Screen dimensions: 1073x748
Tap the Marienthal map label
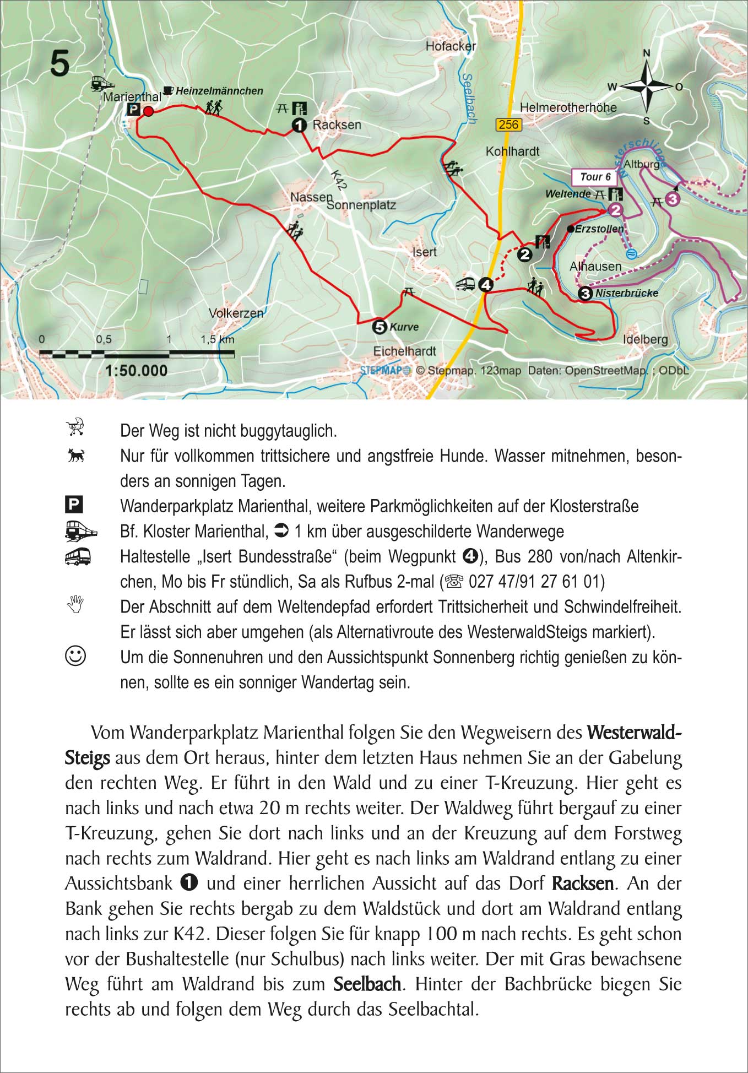(x=132, y=97)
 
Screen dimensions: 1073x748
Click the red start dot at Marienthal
(x=148, y=112)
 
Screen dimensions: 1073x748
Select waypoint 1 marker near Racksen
(x=299, y=126)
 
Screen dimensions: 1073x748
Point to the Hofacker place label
(x=450, y=46)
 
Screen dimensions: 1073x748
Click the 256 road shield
(x=508, y=124)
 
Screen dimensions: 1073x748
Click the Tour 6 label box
(x=595, y=177)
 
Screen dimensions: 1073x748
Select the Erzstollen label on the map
(x=599, y=229)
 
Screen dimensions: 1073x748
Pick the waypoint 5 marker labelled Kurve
(x=380, y=327)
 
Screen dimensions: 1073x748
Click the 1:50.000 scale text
(x=136, y=370)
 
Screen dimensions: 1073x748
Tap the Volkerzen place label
(x=236, y=313)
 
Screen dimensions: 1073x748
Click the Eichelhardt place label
(x=404, y=351)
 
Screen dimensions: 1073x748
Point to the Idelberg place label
(x=645, y=339)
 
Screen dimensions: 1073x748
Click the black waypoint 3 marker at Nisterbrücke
(x=586, y=294)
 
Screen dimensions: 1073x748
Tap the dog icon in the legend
(x=75, y=456)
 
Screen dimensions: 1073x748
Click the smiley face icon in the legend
(x=75, y=656)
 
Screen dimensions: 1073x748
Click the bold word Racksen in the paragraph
(x=582, y=884)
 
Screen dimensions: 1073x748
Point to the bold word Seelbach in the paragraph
(x=367, y=984)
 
